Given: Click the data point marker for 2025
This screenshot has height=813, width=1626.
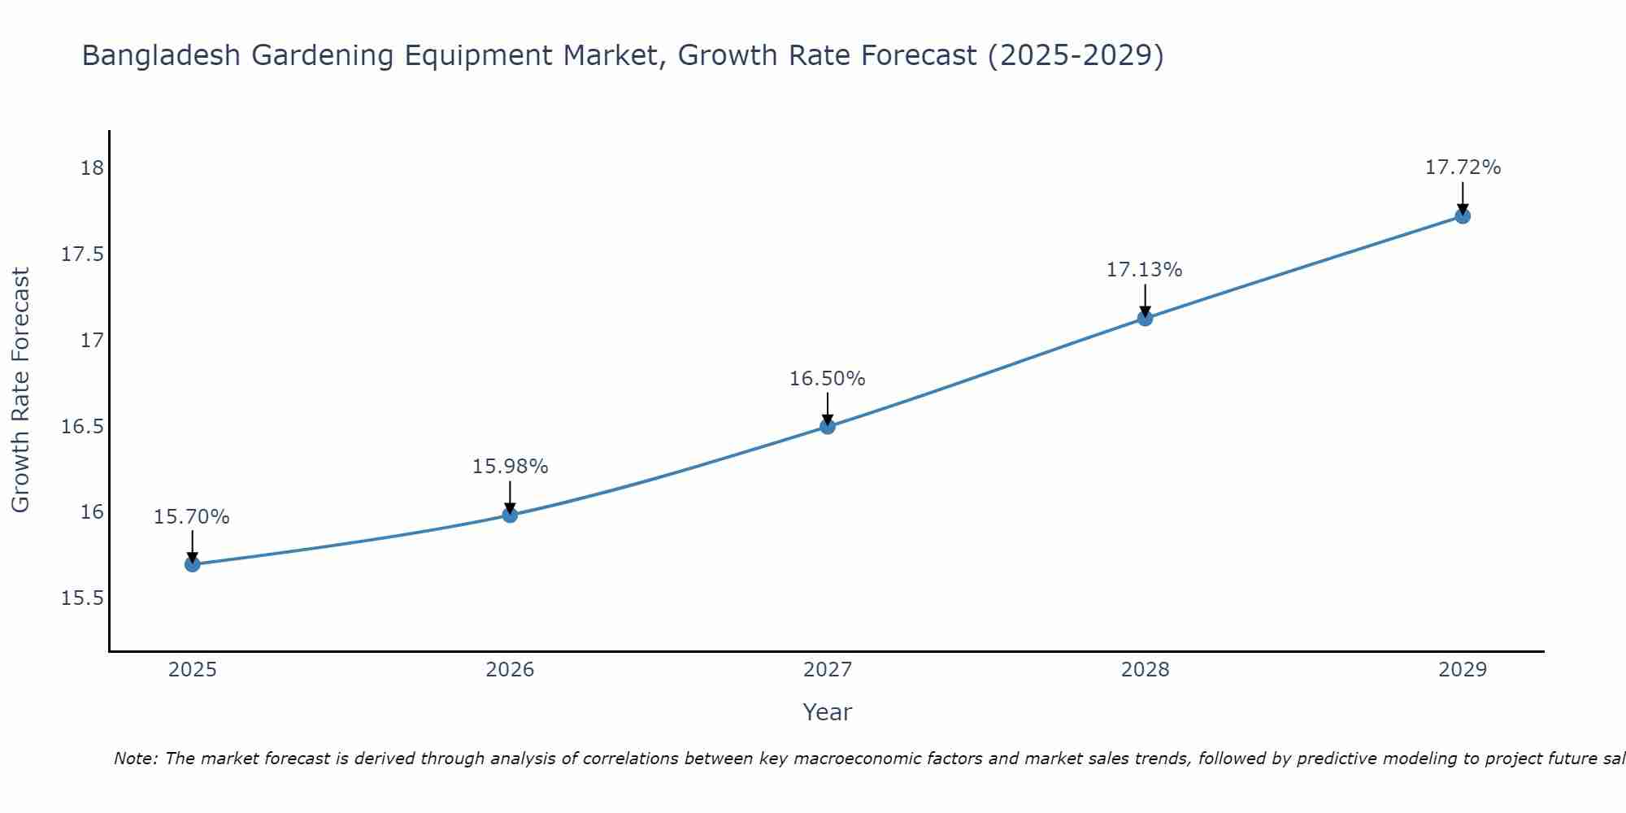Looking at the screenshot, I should tap(193, 564).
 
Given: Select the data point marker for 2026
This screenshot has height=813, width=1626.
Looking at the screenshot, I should tap(510, 515).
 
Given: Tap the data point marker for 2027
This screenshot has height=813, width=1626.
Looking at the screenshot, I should tap(828, 426).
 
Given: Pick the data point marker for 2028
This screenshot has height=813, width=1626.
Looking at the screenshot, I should tap(1145, 318).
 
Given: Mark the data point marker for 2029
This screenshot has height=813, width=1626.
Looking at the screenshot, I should tap(1463, 216).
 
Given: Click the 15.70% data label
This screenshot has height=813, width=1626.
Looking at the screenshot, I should tap(192, 517).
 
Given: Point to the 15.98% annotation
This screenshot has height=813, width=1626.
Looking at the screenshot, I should tap(510, 467).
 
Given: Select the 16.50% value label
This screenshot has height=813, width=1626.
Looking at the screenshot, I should tap(828, 379).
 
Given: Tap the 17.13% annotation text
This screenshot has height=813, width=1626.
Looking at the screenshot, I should tap(1144, 270).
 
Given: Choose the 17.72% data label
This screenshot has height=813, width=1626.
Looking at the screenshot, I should tap(1463, 167).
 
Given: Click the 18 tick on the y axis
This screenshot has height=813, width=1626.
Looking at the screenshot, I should tap(92, 168).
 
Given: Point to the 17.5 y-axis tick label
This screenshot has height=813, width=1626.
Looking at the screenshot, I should tap(83, 254).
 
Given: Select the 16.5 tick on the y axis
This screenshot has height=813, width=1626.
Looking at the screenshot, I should tap(83, 426).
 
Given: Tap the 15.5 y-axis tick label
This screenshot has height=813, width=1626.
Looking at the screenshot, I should tap(83, 598).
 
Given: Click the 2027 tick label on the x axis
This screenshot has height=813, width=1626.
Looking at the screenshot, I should tap(828, 670).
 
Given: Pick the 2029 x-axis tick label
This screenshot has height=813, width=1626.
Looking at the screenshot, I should tap(1463, 670).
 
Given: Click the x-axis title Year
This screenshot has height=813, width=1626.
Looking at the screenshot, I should tap(828, 712).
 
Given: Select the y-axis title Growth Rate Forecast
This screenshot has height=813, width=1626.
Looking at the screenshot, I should tap(20, 390).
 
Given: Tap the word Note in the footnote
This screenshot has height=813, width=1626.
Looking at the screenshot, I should tap(135, 759).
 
